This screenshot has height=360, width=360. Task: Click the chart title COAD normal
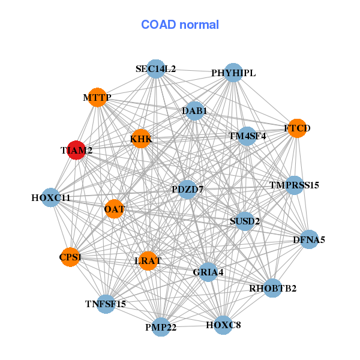click(180, 25)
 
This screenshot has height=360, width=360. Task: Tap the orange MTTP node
click(97, 97)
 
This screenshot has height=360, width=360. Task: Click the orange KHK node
click(141, 139)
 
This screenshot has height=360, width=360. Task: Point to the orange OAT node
click(115, 209)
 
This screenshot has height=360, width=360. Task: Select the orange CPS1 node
click(71, 257)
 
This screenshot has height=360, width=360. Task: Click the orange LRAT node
click(148, 260)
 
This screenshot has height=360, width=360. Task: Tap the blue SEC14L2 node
click(155, 69)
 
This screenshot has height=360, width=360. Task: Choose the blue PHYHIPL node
click(233, 73)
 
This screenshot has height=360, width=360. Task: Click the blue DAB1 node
click(195, 111)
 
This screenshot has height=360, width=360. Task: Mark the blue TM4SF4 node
click(247, 136)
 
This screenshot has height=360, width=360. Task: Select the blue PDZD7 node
click(188, 190)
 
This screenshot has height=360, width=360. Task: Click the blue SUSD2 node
click(245, 221)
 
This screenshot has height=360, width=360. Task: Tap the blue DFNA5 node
click(309, 239)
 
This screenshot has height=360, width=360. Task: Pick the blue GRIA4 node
click(208, 272)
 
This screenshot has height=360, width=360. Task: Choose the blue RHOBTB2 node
click(272, 288)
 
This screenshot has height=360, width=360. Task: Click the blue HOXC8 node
click(223, 325)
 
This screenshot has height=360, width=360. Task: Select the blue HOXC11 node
click(51, 197)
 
